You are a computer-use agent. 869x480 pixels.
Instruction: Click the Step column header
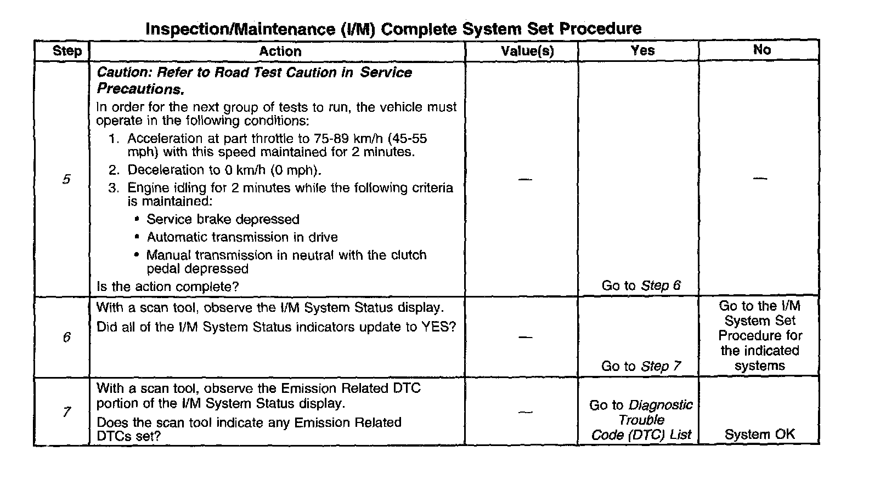(x=67, y=51)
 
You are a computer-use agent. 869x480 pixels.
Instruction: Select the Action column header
(x=280, y=51)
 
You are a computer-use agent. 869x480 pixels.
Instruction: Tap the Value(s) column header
(x=527, y=51)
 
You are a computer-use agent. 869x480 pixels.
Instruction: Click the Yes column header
(x=642, y=50)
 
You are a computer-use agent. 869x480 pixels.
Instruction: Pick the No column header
(x=761, y=50)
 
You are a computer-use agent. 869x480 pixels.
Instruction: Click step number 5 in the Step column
(x=66, y=179)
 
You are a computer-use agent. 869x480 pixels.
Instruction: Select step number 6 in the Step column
(x=66, y=337)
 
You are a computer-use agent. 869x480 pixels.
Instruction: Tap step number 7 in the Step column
(x=66, y=412)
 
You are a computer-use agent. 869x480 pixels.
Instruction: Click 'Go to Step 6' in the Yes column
(x=641, y=285)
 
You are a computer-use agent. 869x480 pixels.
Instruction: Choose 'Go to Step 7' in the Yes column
(x=641, y=366)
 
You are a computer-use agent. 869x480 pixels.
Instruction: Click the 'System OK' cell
(x=759, y=435)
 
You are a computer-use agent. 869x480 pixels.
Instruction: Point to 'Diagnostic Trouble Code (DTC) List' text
(x=641, y=420)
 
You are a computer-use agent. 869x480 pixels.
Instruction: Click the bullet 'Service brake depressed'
(x=223, y=220)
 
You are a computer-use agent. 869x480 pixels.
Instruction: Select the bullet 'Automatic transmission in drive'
(x=242, y=237)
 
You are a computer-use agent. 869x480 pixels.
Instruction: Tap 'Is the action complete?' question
(x=167, y=287)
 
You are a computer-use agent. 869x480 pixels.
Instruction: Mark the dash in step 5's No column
(x=760, y=179)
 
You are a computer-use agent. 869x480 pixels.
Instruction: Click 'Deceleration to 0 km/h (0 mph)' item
(x=224, y=170)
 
